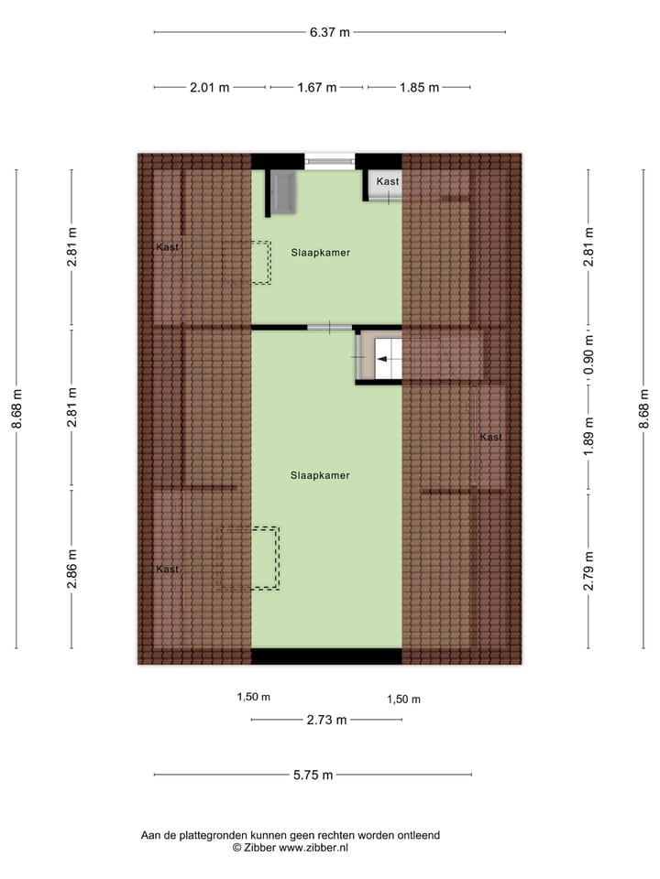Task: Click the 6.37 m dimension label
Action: pyautogui.click(x=330, y=32)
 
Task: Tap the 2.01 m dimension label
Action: pyautogui.click(x=209, y=88)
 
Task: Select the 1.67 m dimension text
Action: pyautogui.click(x=317, y=88)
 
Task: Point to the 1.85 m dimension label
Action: pyautogui.click(x=419, y=88)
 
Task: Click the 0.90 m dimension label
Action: pyautogui.click(x=590, y=353)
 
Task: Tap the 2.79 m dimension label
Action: pyautogui.click(x=590, y=570)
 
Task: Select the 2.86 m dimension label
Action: pyautogui.click(x=72, y=570)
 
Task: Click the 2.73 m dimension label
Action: pyautogui.click(x=326, y=720)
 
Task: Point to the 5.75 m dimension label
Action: pyautogui.click(x=313, y=775)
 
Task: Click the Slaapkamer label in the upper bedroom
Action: pyautogui.click(x=321, y=252)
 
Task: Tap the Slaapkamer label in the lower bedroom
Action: pyautogui.click(x=320, y=475)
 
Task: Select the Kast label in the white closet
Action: pyautogui.click(x=388, y=182)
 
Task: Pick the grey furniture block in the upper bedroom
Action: pyautogui.click(x=283, y=191)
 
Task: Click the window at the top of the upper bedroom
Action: pyautogui.click(x=330, y=161)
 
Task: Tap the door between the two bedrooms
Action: pyautogui.click(x=329, y=327)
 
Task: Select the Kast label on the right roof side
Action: pyautogui.click(x=490, y=438)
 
